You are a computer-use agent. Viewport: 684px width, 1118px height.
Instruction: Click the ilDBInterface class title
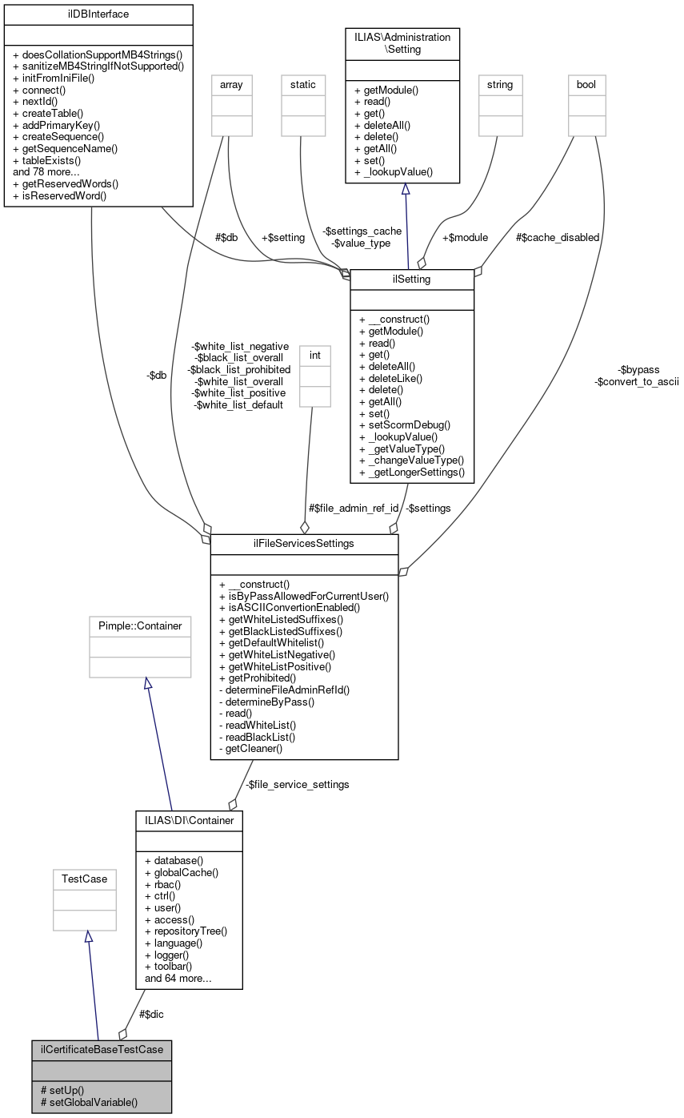click(x=98, y=14)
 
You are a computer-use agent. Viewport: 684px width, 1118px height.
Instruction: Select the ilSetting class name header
click(x=412, y=279)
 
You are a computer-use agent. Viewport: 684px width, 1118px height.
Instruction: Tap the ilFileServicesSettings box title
click(x=304, y=545)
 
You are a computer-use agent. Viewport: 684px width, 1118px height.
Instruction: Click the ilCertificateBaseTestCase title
click(x=101, y=1049)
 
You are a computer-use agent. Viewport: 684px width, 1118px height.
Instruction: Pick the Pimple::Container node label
click(x=140, y=625)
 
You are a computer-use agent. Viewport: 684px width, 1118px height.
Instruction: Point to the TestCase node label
click(x=84, y=879)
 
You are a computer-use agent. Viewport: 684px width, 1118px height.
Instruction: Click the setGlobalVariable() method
click(x=89, y=1102)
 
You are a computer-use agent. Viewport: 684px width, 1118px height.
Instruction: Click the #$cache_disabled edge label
click(x=557, y=237)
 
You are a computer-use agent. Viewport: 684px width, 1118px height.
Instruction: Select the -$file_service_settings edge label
click(x=298, y=785)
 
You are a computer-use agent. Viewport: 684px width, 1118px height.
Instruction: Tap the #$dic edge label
click(x=152, y=1014)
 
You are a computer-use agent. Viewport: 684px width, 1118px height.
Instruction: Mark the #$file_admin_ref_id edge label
click(x=353, y=508)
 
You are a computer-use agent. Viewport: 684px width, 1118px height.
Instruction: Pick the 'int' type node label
click(x=314, y=353)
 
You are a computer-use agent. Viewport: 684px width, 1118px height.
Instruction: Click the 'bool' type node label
click(x=586, y=84)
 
